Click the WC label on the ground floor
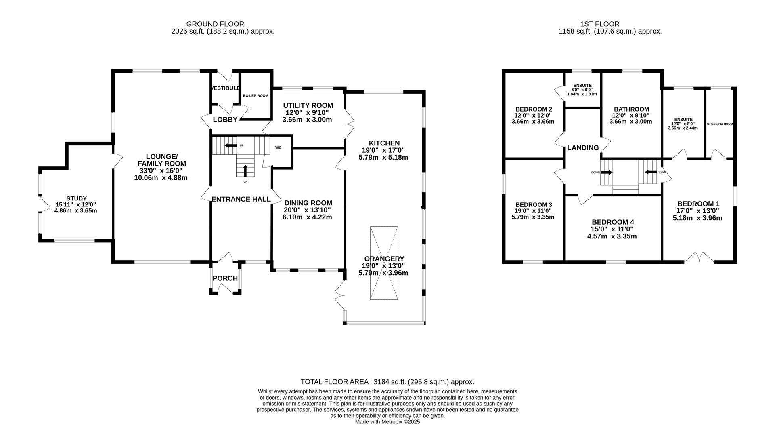pos(278,148)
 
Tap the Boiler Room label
pos(256,96)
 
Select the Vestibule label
pos(225,88)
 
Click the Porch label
pos(225,278)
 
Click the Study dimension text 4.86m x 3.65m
pos(76,211)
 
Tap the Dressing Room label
pos(720,124)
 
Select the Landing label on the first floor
pos(582,148)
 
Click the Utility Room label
pos(308,106)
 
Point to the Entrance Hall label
pos(241,199)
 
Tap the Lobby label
pos(225,120)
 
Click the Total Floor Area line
pos(387,382)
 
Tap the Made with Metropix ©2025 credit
pos(387,422)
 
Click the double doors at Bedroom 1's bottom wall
pos(699,258)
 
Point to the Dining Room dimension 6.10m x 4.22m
pos(307,217)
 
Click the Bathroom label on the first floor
pos(631,109)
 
